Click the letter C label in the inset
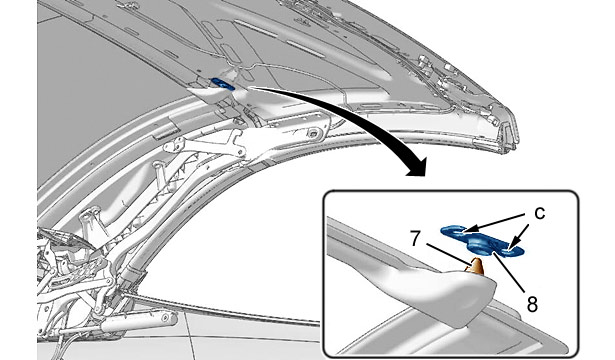(x=540, y=214)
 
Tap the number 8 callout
(x=532, y=304)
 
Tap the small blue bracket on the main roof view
(x=222, y=84)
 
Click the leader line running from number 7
(x=449, y=254)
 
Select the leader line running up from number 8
(x=509, y=272)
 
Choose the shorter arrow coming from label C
(x=519, y=235)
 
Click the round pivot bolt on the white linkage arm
(x=313, y=133)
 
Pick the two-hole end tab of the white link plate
(x=174, y=145)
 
